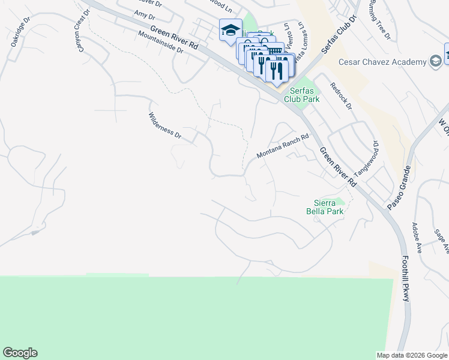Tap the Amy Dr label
[145, 14]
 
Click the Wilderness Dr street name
[165, 125]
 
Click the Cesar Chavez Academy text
[382, 62]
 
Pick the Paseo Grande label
[400, 187]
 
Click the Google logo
[20, 353]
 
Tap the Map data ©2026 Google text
[412, 355]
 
